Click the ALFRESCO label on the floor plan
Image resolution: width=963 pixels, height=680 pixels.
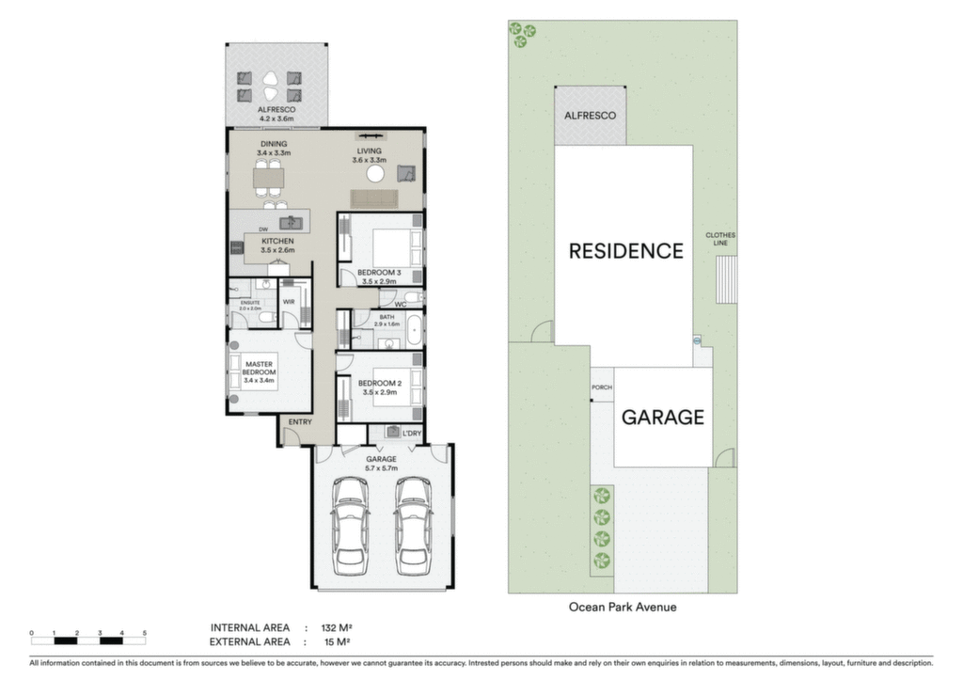(276, 109)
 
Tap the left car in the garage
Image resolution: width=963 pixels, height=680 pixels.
(351, 527)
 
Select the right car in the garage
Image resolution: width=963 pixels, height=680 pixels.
(412, 527)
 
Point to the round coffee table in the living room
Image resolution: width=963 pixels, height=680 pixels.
(375, 174)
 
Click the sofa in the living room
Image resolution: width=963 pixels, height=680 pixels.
(374, 199)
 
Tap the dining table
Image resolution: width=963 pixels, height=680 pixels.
(269, 179)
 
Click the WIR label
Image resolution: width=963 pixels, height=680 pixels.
(289, 302)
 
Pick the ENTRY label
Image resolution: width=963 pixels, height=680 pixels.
(300, 422)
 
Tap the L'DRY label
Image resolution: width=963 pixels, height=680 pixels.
(412, 433)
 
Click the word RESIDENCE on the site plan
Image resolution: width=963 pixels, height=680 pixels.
(625, 250)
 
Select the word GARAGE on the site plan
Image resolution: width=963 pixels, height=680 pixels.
(663, 417)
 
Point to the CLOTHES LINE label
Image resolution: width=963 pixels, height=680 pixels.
(720, 239)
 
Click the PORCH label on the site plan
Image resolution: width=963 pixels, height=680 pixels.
(602, 387)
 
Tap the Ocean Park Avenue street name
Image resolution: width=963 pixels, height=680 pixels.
(623, 607)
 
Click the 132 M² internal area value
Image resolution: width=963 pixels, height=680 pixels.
(337, 627)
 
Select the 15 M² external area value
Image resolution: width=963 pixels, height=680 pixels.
(338, 642)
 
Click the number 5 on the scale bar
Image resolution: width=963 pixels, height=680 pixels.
(145, 633)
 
